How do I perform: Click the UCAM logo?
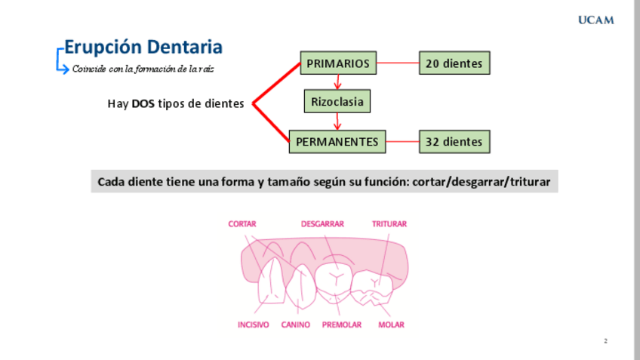(595, 20)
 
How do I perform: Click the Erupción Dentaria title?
(143, 47)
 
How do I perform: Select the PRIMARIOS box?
(338, 63)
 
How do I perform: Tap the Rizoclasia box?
(337, 101)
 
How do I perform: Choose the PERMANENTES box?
(337, 141)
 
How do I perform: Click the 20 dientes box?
(454, 63)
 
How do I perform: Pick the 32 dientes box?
(454, 141)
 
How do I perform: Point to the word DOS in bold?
(143, 104)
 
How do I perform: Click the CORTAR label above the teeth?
(242, 223)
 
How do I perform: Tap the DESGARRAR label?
(322, 223)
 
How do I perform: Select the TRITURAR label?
(389, 223)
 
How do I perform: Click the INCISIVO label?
(253, 325)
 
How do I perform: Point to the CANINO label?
(296, 325)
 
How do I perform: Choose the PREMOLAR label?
(342, 325)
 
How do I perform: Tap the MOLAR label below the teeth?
(391, 325)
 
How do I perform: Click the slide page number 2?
(605, 341)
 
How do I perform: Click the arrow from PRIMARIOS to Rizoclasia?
(337, 82)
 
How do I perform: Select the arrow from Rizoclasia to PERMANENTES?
(337, 122)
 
